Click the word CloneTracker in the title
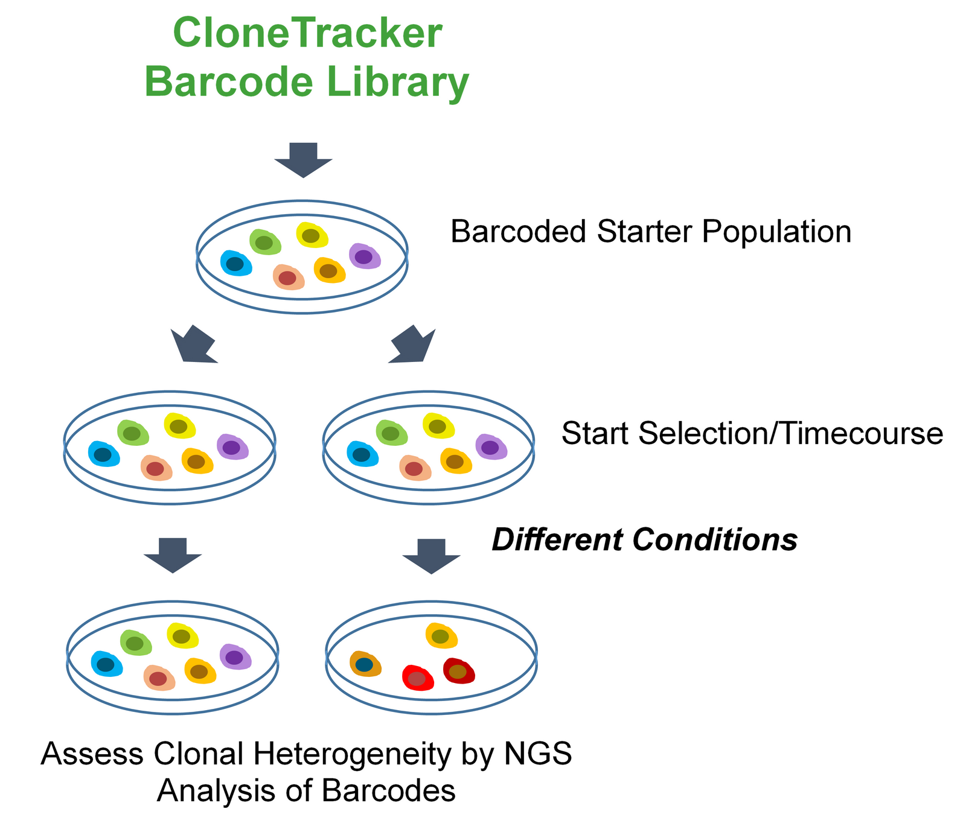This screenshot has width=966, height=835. click(307, 34)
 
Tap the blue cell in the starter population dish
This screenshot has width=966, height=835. click(236, 264)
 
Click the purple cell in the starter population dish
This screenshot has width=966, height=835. click(365, 256)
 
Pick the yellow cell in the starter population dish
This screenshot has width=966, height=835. click(312, 235)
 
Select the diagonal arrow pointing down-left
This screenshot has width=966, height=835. click(193, 345)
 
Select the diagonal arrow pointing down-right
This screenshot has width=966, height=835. click(413, 345)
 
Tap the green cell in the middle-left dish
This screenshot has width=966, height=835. click(133, 433)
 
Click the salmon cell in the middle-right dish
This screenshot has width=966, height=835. click(415, 468)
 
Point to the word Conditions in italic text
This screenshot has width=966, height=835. click(715, 540)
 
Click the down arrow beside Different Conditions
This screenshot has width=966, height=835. click(431, 556)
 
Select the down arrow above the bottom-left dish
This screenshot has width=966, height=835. click(173, 554)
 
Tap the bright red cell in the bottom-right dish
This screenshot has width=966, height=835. click(418, 678)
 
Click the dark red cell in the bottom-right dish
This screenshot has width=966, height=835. click(459, 671)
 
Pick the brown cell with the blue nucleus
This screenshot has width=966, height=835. click(365, 664)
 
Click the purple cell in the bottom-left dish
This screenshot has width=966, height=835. click(235, 657)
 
